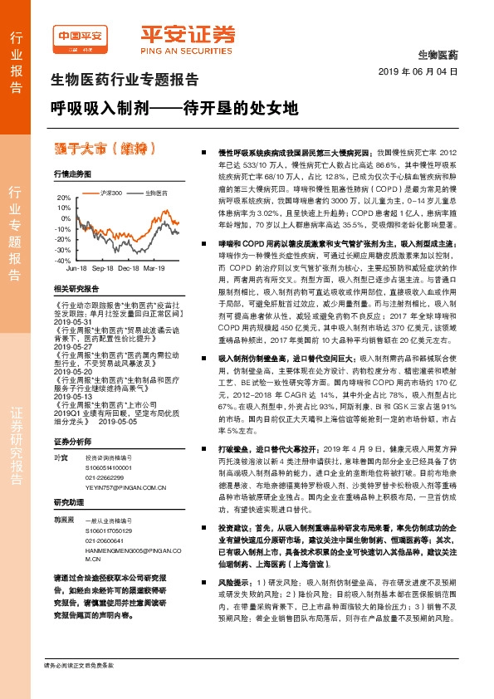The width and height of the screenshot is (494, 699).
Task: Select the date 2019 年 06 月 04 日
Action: pos(423,72)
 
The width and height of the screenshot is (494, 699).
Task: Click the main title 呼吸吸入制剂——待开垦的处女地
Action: pos(171,109)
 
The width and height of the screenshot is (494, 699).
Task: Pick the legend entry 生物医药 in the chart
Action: pos(155,193)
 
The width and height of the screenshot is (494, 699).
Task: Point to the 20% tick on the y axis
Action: pos(63,198)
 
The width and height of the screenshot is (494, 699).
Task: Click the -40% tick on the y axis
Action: pos(63,260)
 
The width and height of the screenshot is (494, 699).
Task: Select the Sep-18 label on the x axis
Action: pos(103,269)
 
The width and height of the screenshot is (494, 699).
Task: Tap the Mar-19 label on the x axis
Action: pos(154,269)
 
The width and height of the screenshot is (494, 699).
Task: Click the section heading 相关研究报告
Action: pos(76,288)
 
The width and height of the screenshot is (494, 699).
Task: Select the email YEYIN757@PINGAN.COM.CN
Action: pos(121,489)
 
